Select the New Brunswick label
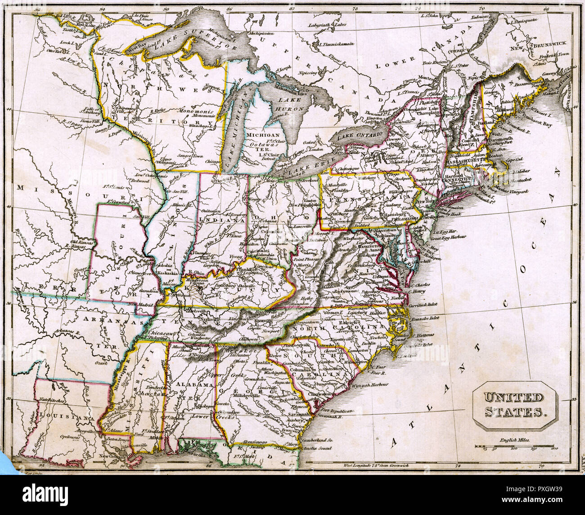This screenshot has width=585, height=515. tap(538, 45)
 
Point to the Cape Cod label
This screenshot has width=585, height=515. tap(515, 159)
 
